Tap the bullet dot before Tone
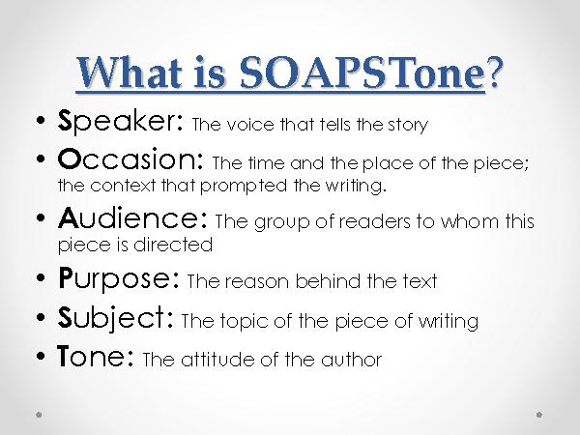(x=38, y=361)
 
